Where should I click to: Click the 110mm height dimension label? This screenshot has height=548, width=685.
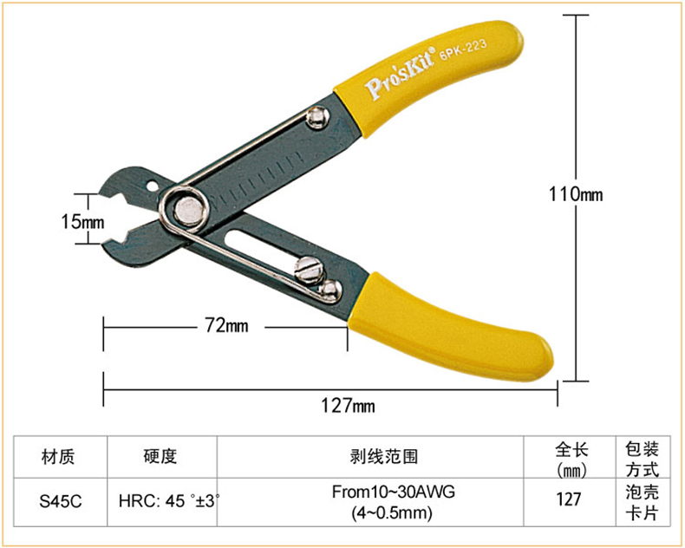(576, 193)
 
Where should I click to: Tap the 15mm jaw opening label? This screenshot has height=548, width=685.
(82, 222)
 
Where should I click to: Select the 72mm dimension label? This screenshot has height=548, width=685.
(226, 325)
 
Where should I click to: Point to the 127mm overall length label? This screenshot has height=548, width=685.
(349, 406)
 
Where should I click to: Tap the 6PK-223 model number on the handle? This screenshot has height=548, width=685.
(463, 49)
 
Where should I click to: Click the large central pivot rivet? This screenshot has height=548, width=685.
(189, 209)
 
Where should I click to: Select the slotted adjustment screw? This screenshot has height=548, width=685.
(310, 270)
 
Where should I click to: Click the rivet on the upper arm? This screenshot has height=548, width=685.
(317, 117)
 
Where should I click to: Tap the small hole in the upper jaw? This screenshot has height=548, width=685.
(153, 186)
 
